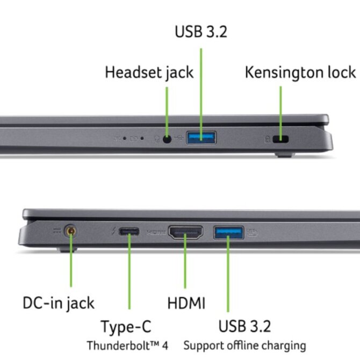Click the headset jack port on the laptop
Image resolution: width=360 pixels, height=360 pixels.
point(168,139)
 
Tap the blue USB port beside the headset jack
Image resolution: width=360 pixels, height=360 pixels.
point(201,138)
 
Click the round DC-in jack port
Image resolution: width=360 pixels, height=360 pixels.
point(70,232)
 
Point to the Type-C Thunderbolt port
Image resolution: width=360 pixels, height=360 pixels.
point(129,233)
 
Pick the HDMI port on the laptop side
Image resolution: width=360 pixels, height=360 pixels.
point(186,233)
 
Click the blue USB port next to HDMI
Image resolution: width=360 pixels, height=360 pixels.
point(228,233)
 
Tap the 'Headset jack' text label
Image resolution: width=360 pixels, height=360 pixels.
point(149,72)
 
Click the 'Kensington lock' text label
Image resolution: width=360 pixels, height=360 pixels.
point(300,72)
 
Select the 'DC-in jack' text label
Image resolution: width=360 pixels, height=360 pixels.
point(58,303)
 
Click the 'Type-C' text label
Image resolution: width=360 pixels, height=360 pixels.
point(126,326)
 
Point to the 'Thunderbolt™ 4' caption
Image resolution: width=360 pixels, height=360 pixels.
point(128,345)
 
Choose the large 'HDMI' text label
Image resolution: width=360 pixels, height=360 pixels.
point(186,303)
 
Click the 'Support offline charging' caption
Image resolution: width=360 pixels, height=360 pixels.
point(244,345)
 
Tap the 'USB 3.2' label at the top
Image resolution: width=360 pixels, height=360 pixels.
point(201,31)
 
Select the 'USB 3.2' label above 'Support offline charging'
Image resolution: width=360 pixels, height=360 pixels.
point(244,326)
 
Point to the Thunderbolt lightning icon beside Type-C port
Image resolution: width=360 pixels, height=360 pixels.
point(111,232)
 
